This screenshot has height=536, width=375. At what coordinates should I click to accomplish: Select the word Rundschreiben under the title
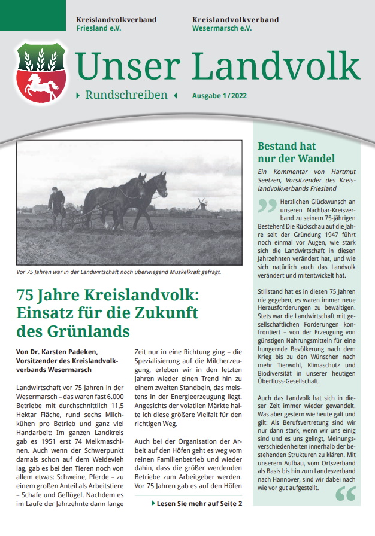pyautogui.click(x=126, y=95)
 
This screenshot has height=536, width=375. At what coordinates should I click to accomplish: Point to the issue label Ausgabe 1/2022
pyautogui.click(x=219, y=96)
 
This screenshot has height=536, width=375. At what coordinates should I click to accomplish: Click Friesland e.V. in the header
pyautogui.click(x=99, y=28)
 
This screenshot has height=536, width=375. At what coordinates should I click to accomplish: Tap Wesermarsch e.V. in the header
pyautogui.click(x=222, y=28)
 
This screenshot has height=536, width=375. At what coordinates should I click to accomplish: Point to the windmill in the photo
pyautogui.click(x=201, y=205)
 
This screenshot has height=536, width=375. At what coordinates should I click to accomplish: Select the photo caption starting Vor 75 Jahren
pyautogui.click(x=119, y=272)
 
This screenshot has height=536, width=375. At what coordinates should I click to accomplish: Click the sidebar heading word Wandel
pyautogui.click(x=313, y=159)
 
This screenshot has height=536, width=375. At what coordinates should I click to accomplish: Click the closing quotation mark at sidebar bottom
pyautogui.click(x=346, y=494)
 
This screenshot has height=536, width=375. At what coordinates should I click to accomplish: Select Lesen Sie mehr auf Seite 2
pyautogui.click(x=197, y=504)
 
